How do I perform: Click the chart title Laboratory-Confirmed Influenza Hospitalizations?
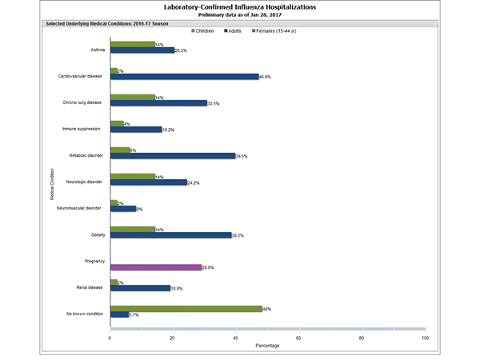240,6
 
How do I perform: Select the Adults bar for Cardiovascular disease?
184,77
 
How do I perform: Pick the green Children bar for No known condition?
186,308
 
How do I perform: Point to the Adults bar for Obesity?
170,235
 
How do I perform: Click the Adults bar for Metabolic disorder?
172,156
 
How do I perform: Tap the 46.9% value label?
266,77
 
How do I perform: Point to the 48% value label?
266,308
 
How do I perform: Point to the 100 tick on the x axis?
425,338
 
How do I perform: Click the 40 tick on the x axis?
236,338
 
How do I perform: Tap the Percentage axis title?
268,346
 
